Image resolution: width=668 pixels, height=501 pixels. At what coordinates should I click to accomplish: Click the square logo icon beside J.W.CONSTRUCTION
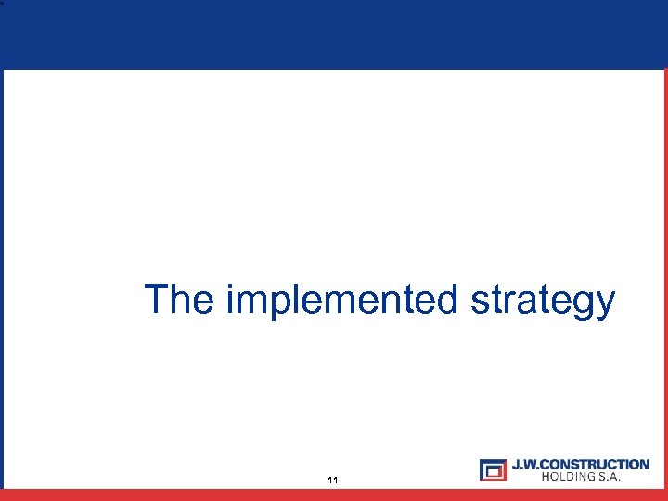tap(494, 469)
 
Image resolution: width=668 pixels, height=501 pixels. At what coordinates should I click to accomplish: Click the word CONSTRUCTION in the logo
tap(595, 464)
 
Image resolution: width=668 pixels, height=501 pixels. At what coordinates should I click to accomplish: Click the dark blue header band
tap(334, 34)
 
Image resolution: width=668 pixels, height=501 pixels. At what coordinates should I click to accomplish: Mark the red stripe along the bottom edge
tap(334, 495)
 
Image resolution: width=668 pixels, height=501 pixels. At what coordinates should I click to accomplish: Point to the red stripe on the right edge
tap(664, 278)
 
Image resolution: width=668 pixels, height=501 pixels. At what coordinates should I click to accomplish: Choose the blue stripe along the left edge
tap(2, 278)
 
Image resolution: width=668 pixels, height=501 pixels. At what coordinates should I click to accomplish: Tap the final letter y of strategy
tap(605, 304)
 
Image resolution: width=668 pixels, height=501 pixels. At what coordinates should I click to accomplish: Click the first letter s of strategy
tap(478, 302)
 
